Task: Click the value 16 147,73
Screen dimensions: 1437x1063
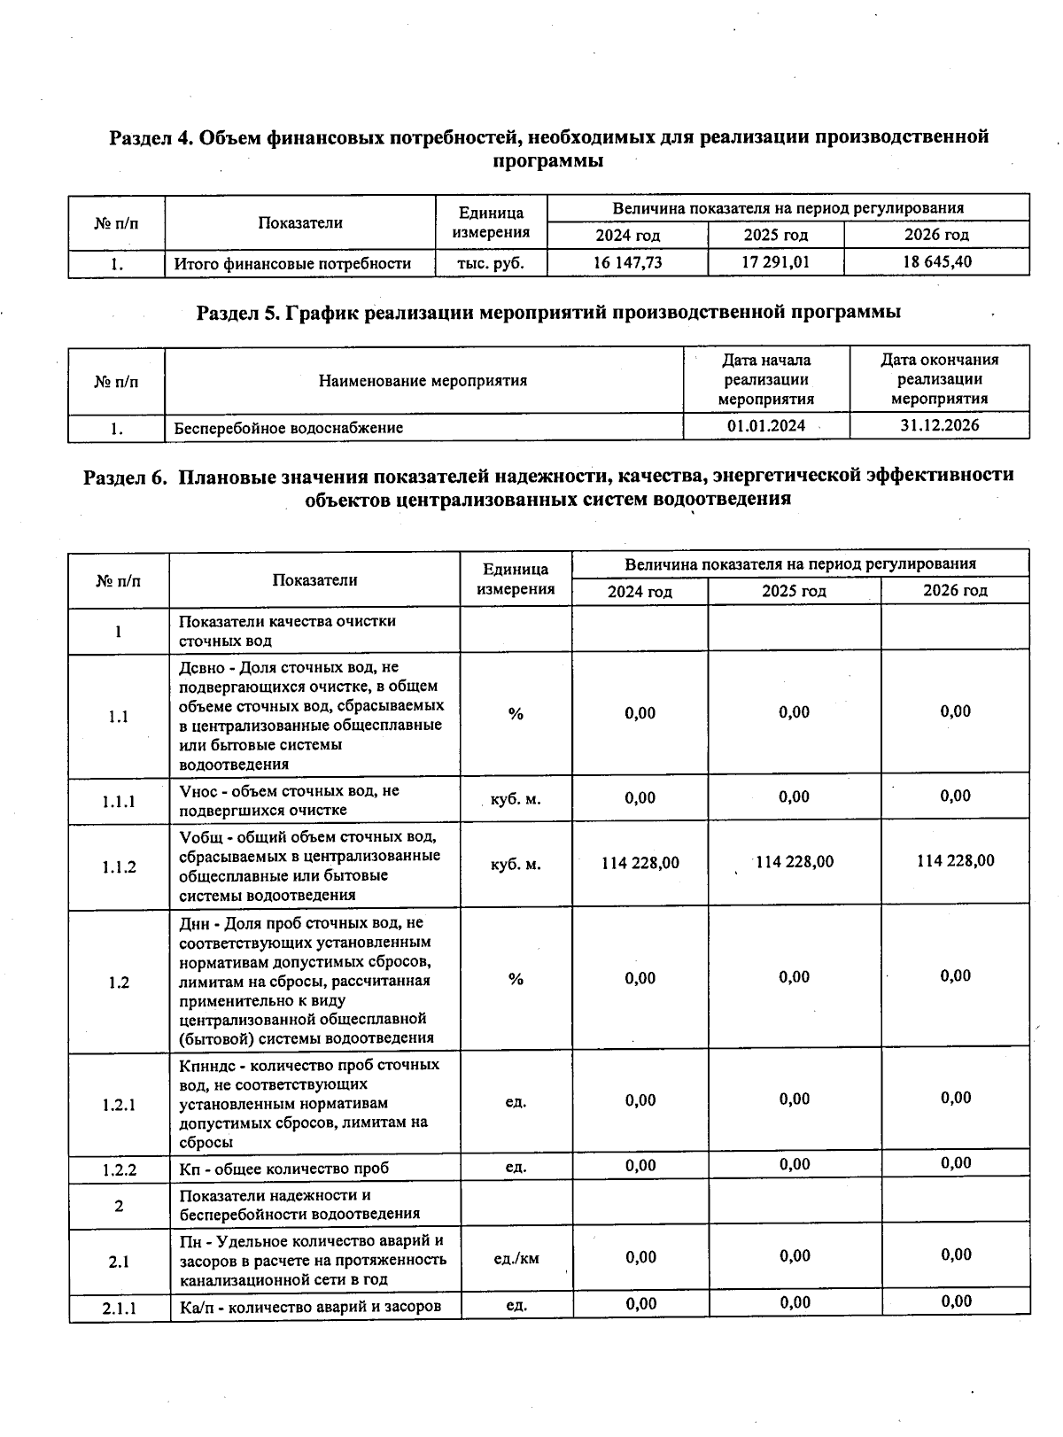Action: coord(627,263)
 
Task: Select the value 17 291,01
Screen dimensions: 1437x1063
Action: coord(775,263)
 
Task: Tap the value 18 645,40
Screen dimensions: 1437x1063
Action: coord(936,262)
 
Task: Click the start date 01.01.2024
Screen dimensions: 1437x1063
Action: coord(766,426)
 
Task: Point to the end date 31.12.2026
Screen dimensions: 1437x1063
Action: coord(939,425)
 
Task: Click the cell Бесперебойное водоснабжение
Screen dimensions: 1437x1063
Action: coord(289,428)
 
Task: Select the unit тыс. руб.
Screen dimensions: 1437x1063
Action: coord(490,263)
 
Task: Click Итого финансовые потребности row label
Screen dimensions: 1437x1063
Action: coord(292,263)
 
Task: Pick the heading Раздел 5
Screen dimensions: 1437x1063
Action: coord(548,312)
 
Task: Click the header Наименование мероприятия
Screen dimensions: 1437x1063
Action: coord(423,381)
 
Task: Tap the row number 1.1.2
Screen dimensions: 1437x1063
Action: coord(119,866)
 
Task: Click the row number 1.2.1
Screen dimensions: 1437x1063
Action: coord(119,1105)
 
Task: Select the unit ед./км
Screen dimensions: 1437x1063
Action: coord(516,1258)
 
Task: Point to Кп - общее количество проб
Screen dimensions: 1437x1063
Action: coord(283,1169)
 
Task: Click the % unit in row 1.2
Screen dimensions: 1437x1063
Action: coord(516,979)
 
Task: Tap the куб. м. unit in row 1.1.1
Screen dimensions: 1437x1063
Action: coord(516,799)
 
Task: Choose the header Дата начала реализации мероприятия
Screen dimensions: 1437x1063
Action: coord(766,379)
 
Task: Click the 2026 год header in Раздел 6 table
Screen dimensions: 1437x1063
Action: coord(955,591)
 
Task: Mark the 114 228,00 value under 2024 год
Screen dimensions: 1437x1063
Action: coord(640,863)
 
